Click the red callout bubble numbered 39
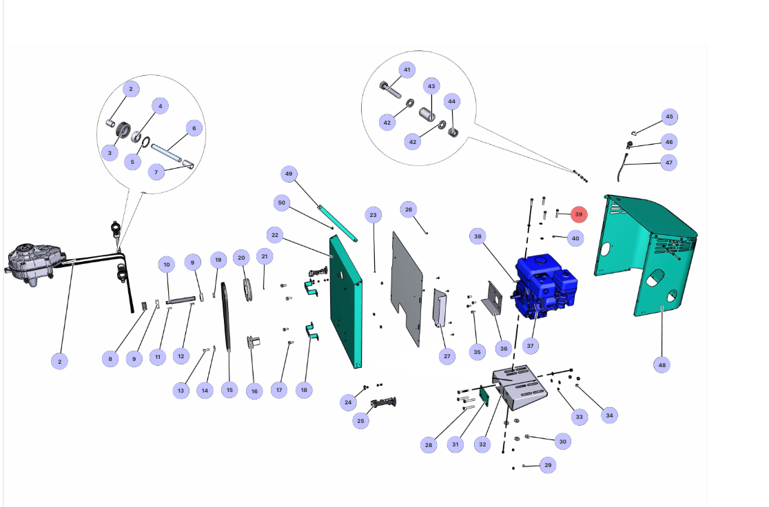tap(579, 214)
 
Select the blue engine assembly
tap(545, 287)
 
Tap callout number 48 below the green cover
tap(662, 365)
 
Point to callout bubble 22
tap(275, 236)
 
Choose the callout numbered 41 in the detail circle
tap(407, 70)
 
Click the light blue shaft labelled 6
tap(167, 152)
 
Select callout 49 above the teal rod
tap(288, 174)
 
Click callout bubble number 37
tap(530, 346)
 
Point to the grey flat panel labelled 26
tap(407, 289)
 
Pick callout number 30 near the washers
tap(562, 442)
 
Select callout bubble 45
tap(670, 116)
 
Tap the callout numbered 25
tap(360, 421)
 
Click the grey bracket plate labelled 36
tap(492, 299)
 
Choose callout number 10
tap(167, 265)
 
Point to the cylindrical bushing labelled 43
tap(427, 115)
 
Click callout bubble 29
tap(548, 465)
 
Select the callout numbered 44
tap(452, 101)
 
